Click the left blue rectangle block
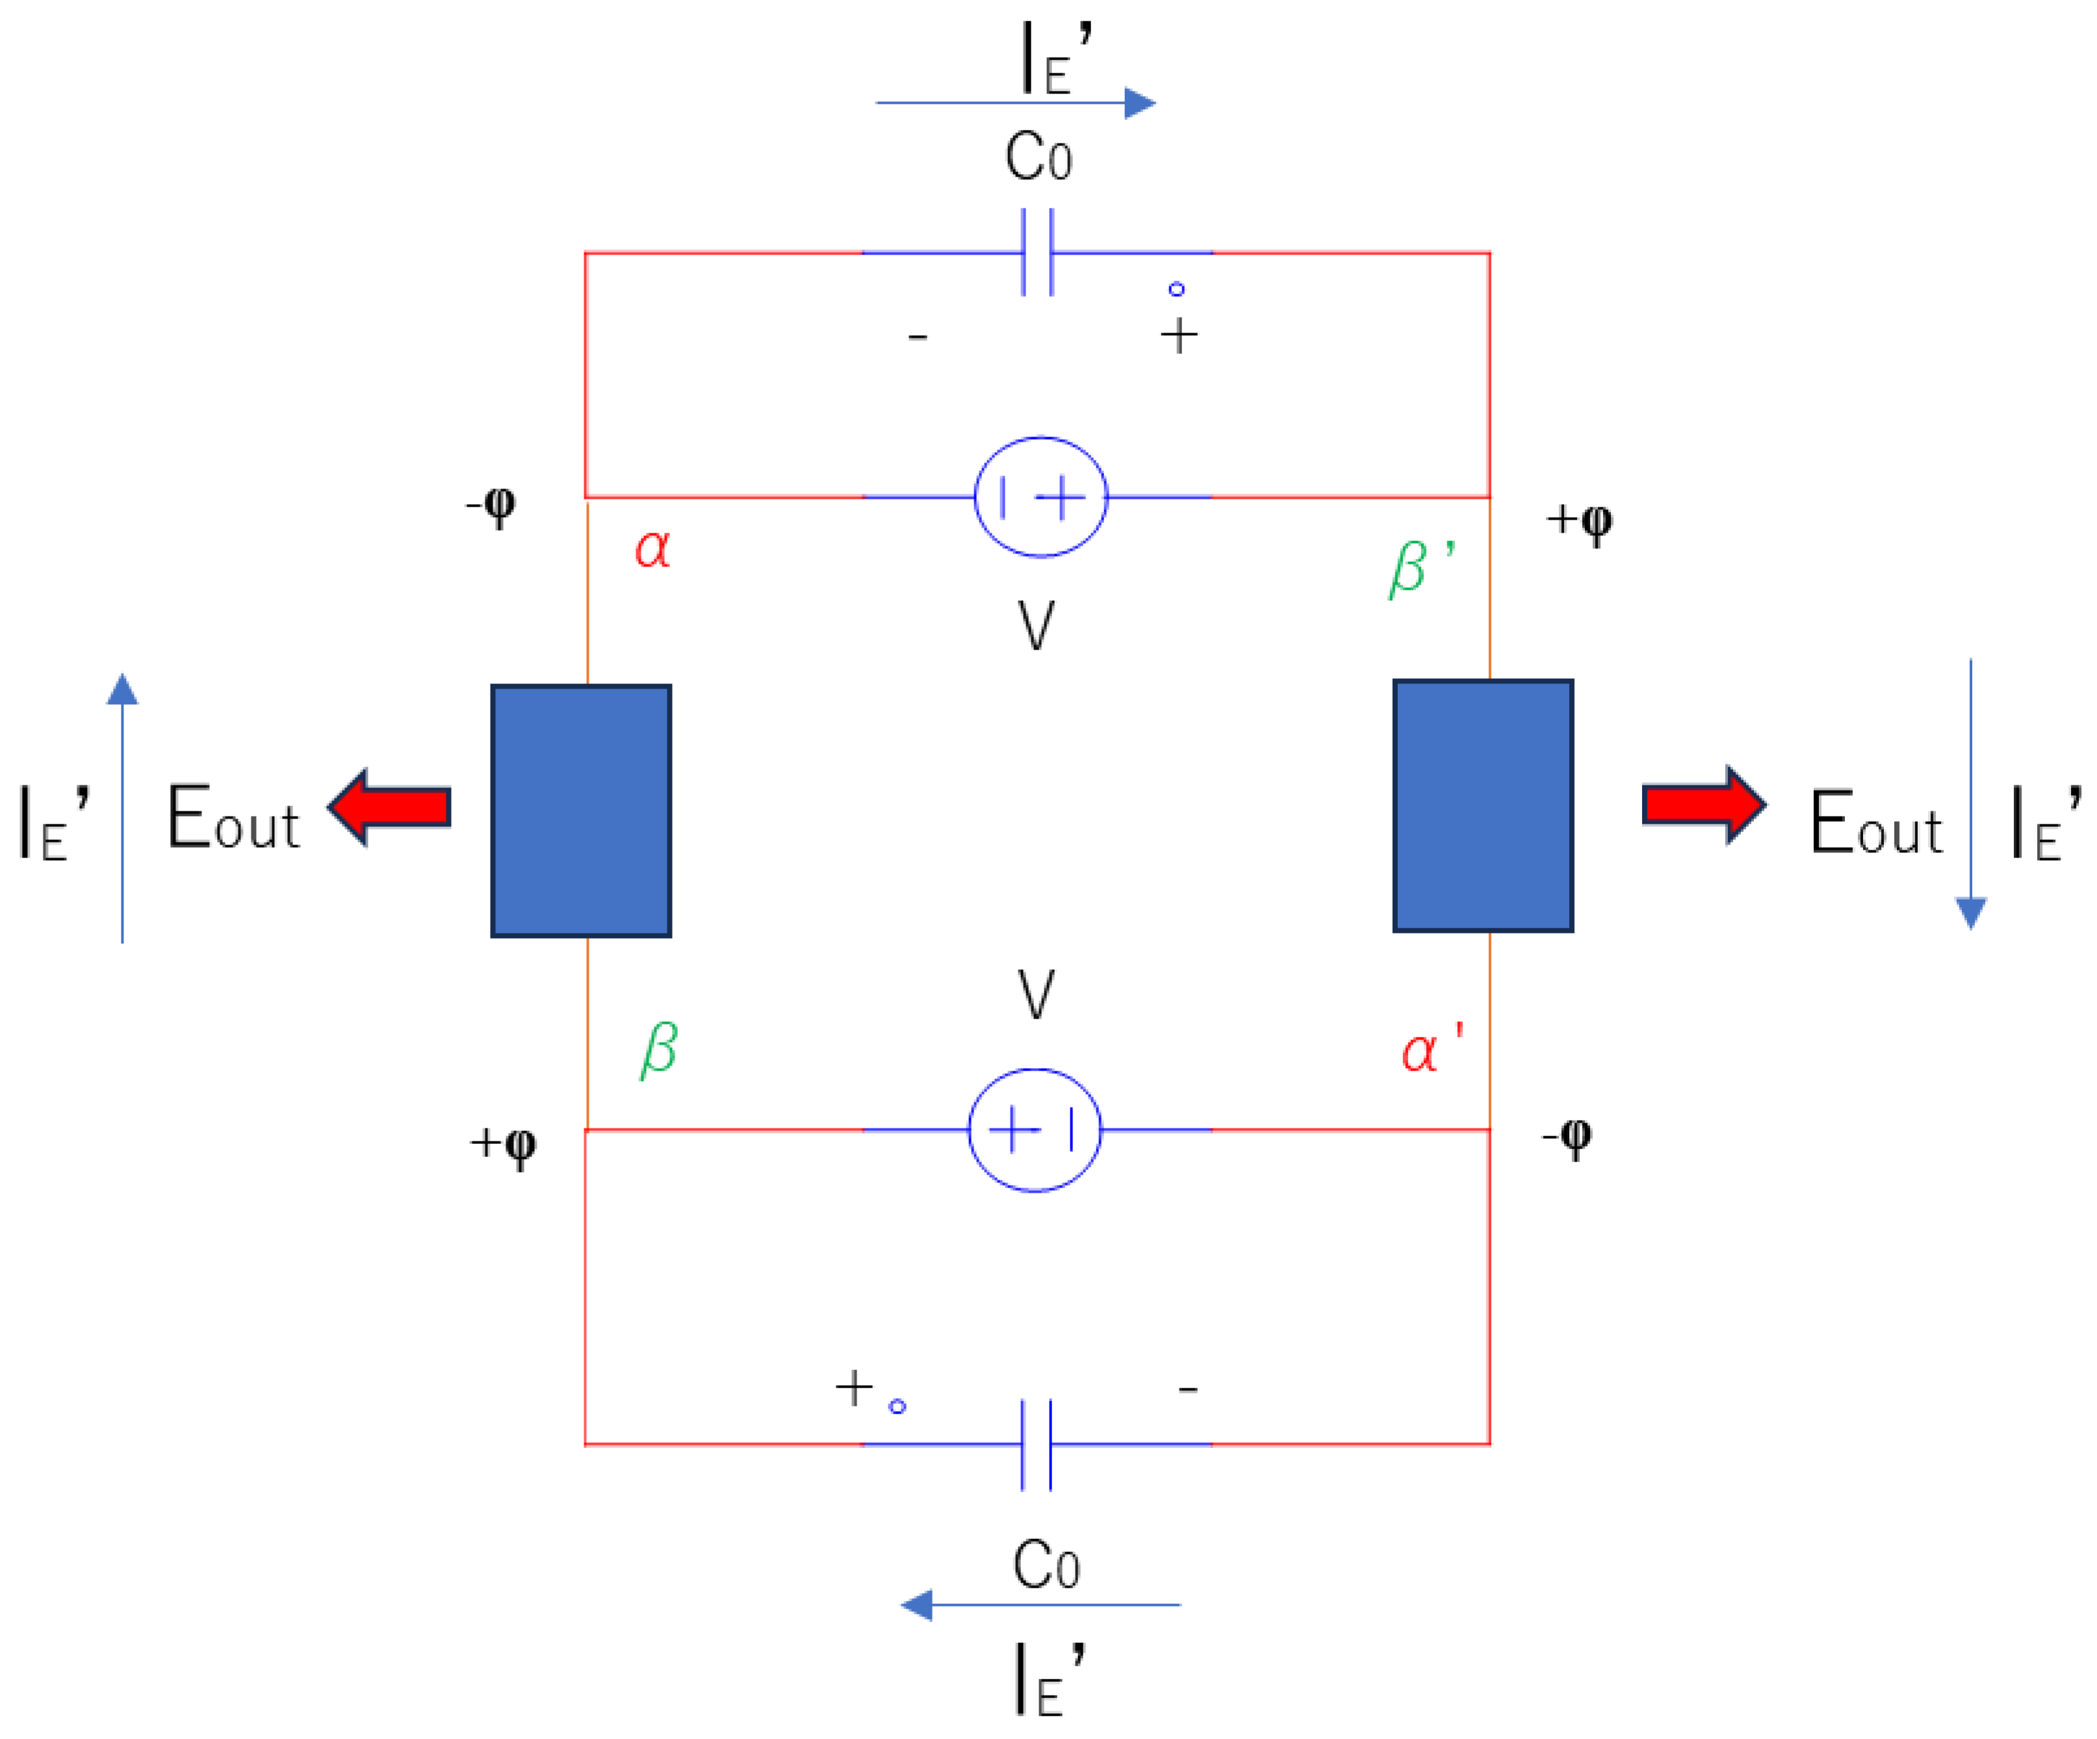point(581,811)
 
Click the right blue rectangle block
point(1483,806)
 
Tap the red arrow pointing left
point(391,807)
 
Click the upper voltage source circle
point(1040,496)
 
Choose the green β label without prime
point(659,1050)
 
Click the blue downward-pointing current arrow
point(1970,794)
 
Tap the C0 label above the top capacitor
point(1038,158)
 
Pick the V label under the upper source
point(1036,626)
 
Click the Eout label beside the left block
point(233,819)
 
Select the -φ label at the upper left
point(491,505)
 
